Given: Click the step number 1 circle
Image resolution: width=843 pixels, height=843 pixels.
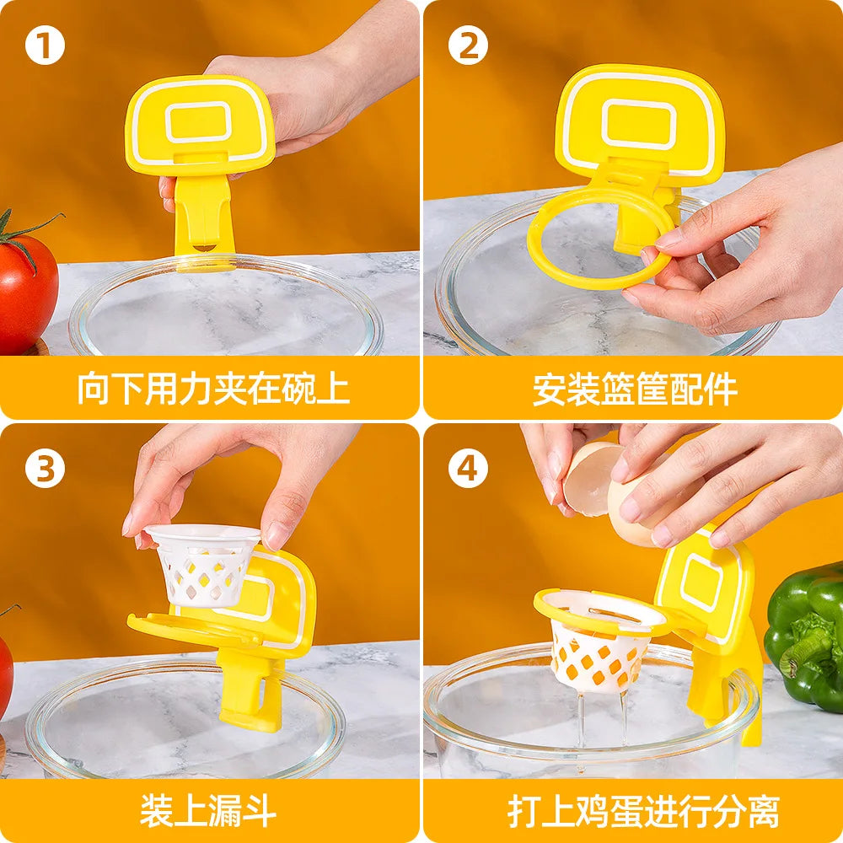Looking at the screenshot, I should pyautogui.click(x=45, y=46).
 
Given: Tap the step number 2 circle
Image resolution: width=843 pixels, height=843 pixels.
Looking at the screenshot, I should pyautogui.click(x=467, y=46).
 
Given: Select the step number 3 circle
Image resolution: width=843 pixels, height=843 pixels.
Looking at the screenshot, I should pyautogui.click(x=45, y=469).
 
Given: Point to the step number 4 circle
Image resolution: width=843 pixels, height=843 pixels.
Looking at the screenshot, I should pyautogui.click(x=467, y=469).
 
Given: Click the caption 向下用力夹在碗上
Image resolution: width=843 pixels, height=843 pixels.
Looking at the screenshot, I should pyautogui.click(x=212, y=389).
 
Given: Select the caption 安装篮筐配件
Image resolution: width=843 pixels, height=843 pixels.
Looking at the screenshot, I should pyautogui.click(x=634, y=389).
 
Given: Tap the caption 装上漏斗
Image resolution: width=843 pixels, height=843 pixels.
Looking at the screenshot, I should pyautogui.click(x=208, y=811).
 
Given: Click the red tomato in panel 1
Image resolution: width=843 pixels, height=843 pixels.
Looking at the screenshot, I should pyautogui.click(x=25, y=291).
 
